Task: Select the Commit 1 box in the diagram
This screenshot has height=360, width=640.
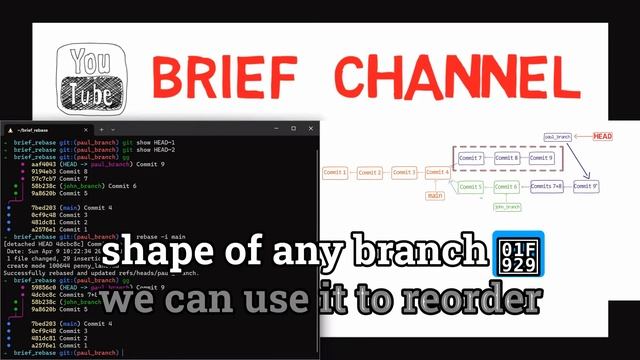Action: [336, 173]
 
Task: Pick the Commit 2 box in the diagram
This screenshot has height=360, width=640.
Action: [370, 173]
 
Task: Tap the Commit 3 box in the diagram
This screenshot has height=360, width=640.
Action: [404, 173]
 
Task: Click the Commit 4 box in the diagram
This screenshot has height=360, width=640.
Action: [437, 173]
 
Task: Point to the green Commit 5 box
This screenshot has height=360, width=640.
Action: [471, 187]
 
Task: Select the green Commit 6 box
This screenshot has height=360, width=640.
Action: [506, 187]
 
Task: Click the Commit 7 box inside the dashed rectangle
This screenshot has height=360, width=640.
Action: [471, 158]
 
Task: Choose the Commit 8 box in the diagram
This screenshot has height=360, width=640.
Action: [506, 158]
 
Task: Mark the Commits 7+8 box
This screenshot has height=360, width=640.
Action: [546, 187]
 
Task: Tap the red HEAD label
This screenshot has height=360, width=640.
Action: [602, 136]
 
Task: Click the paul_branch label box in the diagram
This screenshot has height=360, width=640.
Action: [557, 136]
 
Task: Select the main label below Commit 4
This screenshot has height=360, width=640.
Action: [434, 196]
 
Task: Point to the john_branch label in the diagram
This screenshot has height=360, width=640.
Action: [507, 207]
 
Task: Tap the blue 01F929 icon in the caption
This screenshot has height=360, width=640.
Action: [518, 254]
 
